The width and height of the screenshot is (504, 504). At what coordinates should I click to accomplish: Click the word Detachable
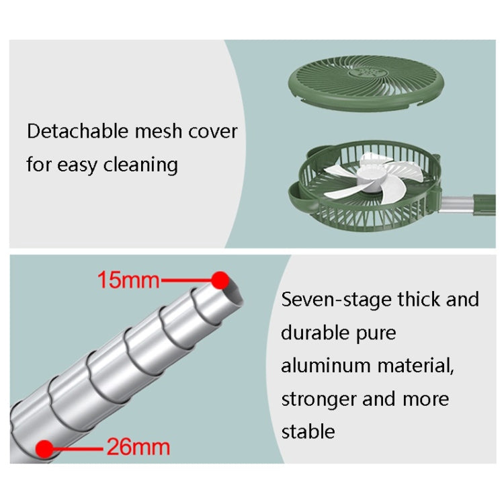78,131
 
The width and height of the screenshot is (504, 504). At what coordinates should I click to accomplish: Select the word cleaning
140,165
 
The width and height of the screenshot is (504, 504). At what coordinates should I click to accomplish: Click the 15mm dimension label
128,280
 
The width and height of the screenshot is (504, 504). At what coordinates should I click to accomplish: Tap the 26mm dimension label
138,447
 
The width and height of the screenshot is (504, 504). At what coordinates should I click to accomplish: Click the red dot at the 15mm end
220,280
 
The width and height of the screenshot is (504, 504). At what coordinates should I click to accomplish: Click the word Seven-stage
337,300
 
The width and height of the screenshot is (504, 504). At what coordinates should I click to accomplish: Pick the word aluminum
326,366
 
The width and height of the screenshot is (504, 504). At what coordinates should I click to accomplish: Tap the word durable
315,333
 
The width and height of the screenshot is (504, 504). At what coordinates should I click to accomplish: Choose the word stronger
319,400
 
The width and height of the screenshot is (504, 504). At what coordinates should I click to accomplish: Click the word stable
308,431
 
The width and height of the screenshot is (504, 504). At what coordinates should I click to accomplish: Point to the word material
415,366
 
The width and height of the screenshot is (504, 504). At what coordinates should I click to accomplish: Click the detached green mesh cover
366,83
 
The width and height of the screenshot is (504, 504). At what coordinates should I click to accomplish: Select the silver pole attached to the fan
456,204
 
